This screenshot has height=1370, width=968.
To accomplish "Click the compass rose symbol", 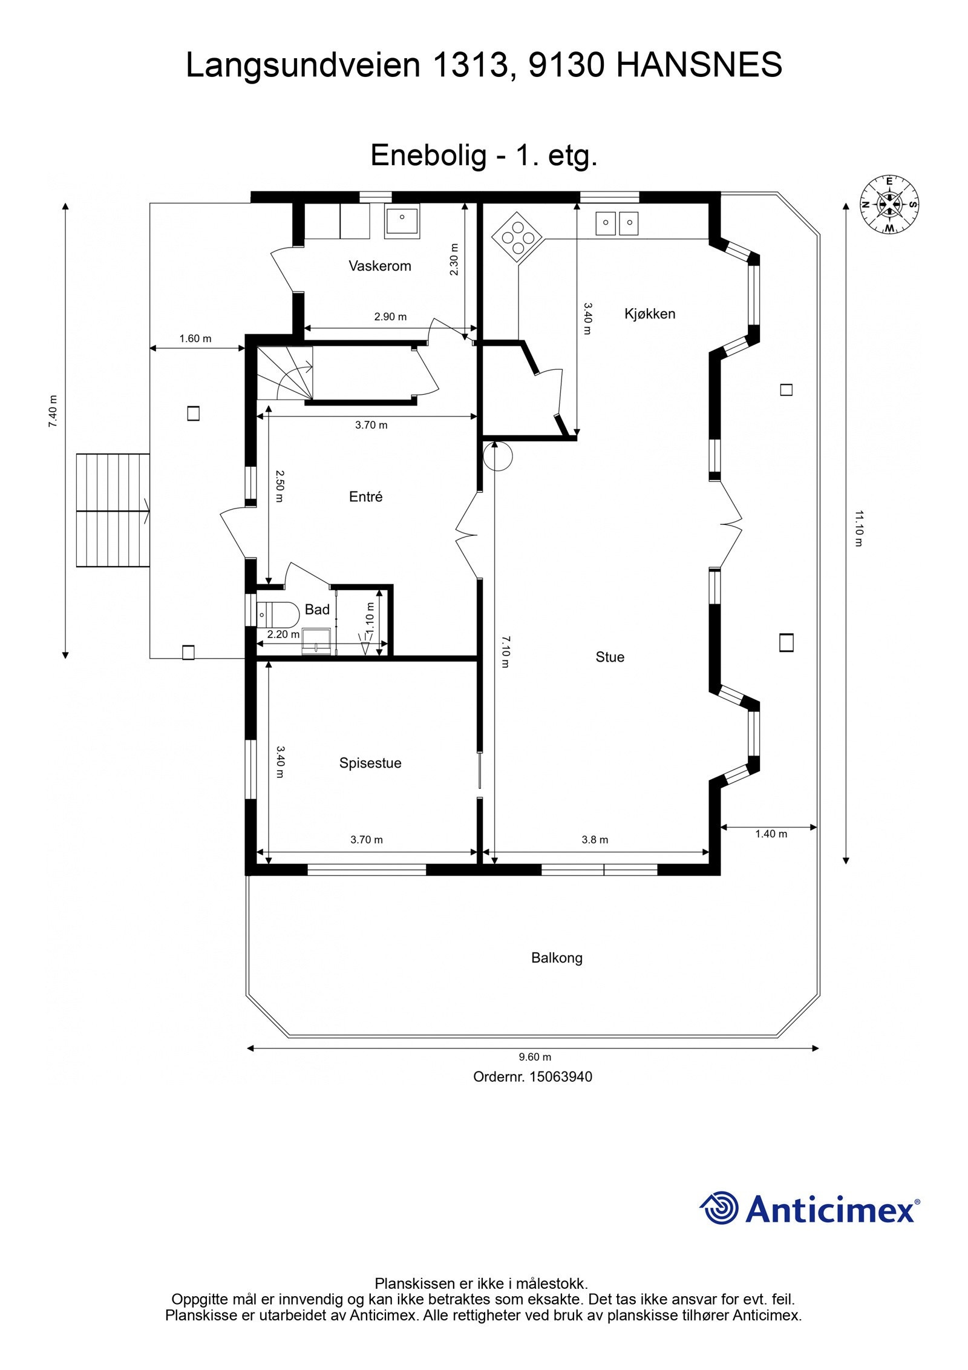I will point(889,204).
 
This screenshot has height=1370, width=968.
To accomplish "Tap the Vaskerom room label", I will point(379,266).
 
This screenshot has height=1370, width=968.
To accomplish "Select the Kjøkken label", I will point(649,314).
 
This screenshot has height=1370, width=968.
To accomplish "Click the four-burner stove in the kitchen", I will point(517,237).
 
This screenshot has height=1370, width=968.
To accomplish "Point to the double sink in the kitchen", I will point(616,223).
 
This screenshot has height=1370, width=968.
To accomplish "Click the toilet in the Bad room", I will point(278,614).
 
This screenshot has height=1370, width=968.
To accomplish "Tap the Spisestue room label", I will point(370,763).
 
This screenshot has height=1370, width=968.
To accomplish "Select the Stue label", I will point(609,657).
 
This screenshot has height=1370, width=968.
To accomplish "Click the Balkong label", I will point(557,958).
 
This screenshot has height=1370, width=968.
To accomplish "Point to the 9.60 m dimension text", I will point(535,1057).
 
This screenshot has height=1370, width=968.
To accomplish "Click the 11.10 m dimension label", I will point(858,529).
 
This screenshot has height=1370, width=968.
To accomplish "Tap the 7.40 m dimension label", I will point(53,412).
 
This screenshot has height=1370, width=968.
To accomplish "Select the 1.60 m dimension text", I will point(195,338).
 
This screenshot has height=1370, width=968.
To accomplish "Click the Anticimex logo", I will point(809,1209).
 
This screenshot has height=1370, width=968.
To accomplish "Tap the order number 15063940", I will point(560,1076).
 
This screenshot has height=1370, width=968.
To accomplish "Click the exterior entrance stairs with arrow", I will point(113,510).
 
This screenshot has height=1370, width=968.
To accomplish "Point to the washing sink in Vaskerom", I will point(402,222).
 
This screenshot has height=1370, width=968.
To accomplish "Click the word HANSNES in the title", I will point(699,65).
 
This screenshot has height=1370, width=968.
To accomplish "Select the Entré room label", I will point(365,496).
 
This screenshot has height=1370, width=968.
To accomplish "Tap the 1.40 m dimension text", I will point(771,834).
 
